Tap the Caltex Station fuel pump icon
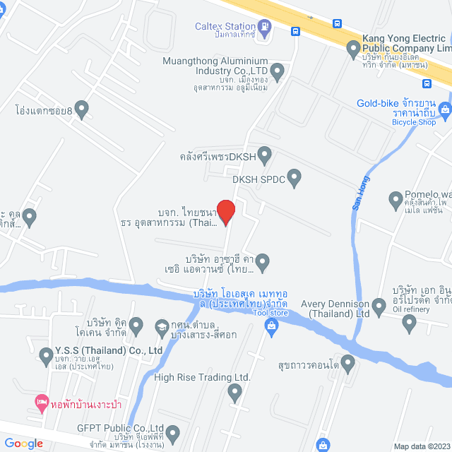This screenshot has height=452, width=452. coord(265,28)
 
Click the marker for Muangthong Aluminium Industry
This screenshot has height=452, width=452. coord(278,70)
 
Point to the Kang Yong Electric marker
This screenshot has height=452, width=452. coord(354,49)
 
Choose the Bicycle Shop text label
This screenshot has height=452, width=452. coord(414,122)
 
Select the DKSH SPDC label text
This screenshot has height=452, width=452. coord(258,180)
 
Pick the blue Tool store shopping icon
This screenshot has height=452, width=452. coord(270,325)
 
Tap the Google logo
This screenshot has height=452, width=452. coord(23,443)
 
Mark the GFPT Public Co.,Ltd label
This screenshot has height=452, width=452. coord(121,429)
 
